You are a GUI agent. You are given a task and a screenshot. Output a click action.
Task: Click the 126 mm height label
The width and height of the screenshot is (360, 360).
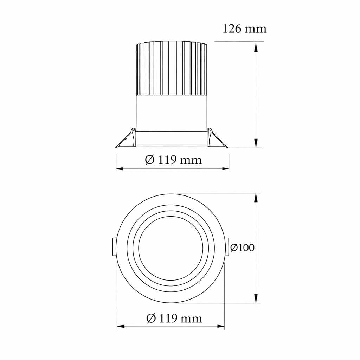click(245, 29)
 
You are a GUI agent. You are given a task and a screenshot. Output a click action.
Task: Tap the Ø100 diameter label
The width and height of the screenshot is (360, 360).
click(242, 247)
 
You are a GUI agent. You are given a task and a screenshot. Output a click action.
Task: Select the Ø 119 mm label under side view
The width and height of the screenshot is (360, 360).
click(173, 160)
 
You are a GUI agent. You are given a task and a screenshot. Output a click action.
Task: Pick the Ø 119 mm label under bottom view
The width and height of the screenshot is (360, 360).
click(174, 319)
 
